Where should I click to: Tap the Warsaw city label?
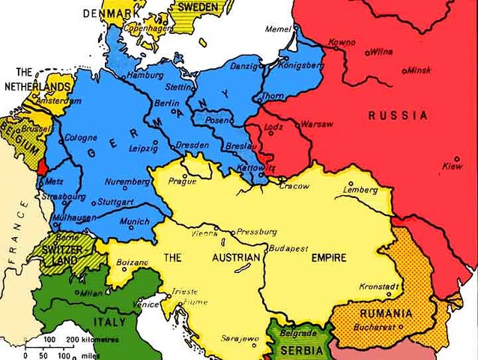[315, 124]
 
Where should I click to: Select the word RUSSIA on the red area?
[398, 115]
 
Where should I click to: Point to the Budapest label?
[288, 247]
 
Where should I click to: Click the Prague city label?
[182, 181]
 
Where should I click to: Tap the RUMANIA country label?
[385, 313]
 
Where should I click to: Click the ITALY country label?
[109, 322]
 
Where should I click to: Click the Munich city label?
[134, 222]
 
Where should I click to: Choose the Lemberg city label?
[360, 190]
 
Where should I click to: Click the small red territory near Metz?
[42, 163]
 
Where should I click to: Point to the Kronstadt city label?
[379, 286]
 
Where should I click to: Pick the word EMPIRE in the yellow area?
[328, 258]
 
